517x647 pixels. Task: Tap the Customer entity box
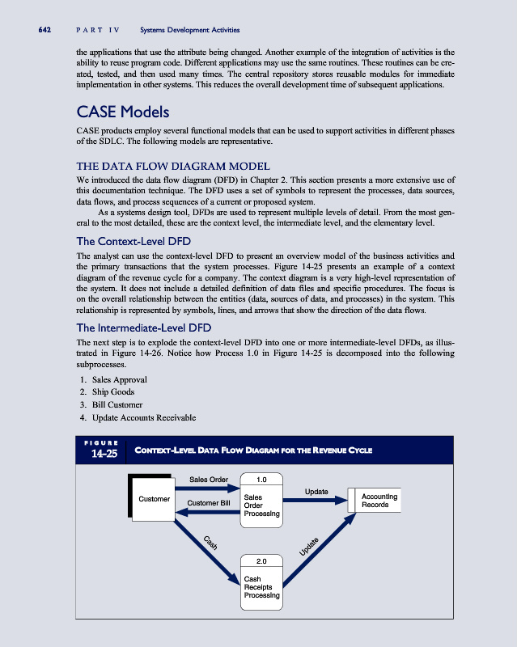(x=154, y=498)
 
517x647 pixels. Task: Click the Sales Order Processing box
(x=261, y=505)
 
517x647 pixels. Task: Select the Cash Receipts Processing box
(x=261, y=587)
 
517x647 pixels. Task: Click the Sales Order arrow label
(x=209, y=479)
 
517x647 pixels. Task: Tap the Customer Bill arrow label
(x=209, y=503)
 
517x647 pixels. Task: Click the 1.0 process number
(x=261, y=479)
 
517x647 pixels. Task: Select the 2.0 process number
(x=261, y=560)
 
